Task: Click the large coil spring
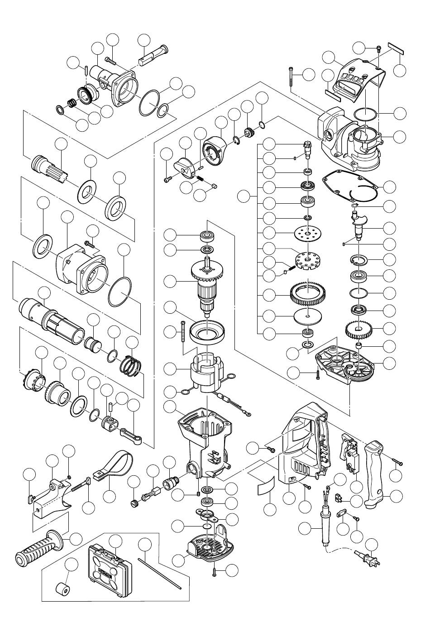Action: pyautogui.click(x=132, y=364)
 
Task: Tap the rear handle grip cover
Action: pyautogui.click(x=375, y=475)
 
